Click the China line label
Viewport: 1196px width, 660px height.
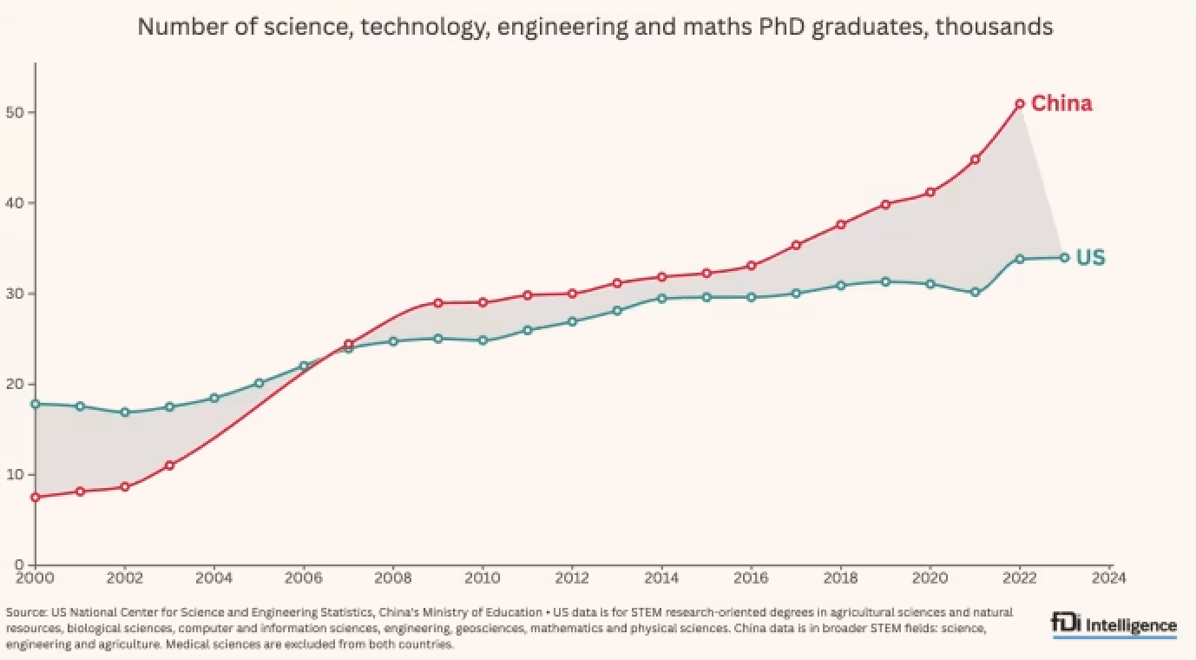(x=1061, y=104)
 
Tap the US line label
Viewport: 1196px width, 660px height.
(x=1090, y=258)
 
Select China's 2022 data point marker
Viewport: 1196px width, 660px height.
(x=1020, y=103)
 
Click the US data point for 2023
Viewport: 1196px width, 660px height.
(x=1065, y=257)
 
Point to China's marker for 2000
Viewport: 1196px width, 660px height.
(x=35, y=497)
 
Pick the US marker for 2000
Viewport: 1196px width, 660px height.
(x=35, y=404)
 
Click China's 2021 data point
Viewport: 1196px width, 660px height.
(x=975, y=160)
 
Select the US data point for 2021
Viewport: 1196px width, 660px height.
(x=975, y=292)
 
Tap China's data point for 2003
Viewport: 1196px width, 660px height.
(x=169, y=465)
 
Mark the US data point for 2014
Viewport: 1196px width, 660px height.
(x=661, y=298)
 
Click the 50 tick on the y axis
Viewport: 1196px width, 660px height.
(x=17, y=113)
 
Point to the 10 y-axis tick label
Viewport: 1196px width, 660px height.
(x=17, y=475)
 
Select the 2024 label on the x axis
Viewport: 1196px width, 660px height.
(x=1109, y=577)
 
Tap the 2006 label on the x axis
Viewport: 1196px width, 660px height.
(x=303, y=577)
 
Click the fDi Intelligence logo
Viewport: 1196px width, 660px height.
(x=1114, y=625)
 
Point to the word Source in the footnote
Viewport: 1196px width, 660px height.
(x=24, y=612)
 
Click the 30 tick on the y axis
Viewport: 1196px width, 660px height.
(x=17, y=294)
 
